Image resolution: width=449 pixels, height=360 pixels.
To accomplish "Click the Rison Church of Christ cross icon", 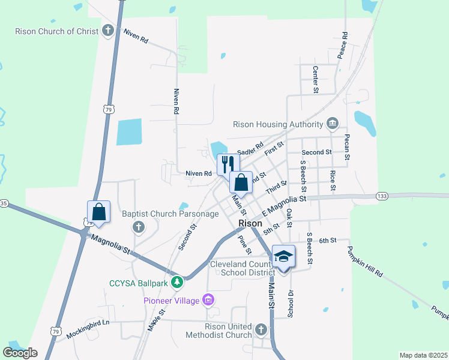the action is [108, 31].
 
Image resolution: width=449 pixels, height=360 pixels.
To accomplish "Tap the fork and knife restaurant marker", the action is [228, 164].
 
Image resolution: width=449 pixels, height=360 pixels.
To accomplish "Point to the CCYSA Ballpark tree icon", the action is [176, 281].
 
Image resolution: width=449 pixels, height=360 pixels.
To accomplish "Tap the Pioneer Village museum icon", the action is [208, 299].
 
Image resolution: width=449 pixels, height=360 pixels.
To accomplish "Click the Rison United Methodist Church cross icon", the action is [261, 329].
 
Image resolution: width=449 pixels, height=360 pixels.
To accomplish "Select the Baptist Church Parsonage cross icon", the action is [139, 227].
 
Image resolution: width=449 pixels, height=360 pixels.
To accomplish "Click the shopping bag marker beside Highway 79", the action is [99, 212].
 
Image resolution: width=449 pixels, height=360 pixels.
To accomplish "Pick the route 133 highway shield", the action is [382, 196].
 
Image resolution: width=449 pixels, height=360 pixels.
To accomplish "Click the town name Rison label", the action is [250, 223].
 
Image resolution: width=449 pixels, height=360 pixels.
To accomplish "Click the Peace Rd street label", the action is [343, 46].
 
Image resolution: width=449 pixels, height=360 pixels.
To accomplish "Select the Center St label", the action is [315, 79].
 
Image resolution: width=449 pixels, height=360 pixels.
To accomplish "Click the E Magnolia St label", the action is [284, 205].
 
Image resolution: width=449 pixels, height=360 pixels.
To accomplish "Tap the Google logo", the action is [20, 353].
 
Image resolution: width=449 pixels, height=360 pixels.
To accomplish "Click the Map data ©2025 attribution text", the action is [423, 355].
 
